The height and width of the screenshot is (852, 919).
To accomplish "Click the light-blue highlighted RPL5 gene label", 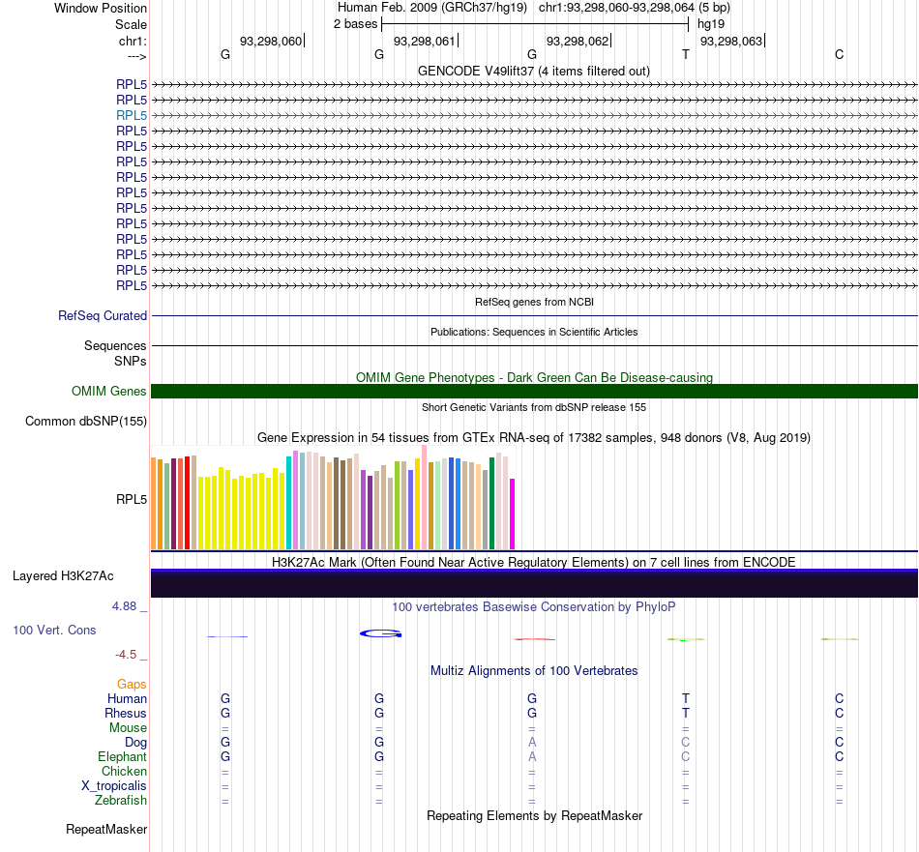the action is [x=132, y=115].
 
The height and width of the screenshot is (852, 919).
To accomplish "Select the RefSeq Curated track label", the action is [x=103, y=316].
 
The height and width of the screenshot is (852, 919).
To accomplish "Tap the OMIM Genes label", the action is [x=109, y=391].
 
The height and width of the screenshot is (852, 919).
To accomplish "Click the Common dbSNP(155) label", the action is [x=86, y=422].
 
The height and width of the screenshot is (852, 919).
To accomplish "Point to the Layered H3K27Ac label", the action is [x=63, y=576].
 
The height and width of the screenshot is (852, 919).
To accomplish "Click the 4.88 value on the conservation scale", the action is [x=124, y=606].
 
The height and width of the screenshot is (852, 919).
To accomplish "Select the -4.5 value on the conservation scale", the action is [x=126, y=655].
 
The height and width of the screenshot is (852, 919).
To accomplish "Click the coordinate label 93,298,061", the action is [x=424, y=41].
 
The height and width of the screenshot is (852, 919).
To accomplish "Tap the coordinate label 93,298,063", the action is [x=731, y=41].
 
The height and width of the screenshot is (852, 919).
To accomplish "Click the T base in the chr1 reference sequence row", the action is [x=686, y=54].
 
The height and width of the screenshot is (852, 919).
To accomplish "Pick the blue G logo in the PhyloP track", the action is [x=380, y=633].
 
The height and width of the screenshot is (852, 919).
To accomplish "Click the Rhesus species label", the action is [x=126, y=713].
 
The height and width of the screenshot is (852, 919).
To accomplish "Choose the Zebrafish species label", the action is [x=121, y=801].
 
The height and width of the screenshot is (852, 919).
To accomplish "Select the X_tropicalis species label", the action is [x=114, y=786].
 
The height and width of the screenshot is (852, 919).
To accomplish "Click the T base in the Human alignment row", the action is [x=686, y=698].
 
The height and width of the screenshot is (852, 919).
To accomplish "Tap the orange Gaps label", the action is [x=132, y=685].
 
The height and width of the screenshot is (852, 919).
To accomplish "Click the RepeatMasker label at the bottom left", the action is [x=106, y=829].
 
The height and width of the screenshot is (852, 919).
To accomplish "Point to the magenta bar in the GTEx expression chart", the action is [x=513, y=514].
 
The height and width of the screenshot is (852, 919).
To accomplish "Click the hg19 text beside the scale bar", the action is [x=711, y=24].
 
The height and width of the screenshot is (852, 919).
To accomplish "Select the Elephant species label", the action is [x=123, y=756].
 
